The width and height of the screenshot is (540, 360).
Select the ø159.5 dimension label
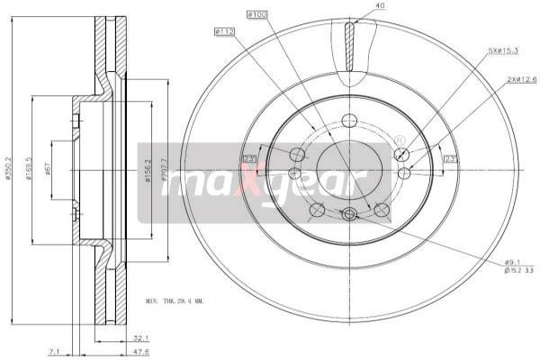click(x=30, y=168)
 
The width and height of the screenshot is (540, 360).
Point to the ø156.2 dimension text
click(x=147, y=170)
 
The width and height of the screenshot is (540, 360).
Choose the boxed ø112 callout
click(x=225, y=32)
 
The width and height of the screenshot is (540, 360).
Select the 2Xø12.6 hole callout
click(x=521, y=80)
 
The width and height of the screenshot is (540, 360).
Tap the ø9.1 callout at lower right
click(x=514, y=261)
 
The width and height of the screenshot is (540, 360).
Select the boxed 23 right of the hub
click(x=449, y=159)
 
